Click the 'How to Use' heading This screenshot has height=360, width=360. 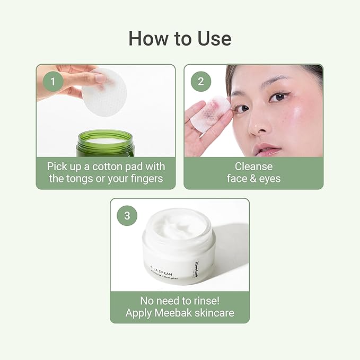point(180,39)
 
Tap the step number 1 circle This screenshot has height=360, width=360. point(52,81)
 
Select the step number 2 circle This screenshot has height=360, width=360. point(200,81)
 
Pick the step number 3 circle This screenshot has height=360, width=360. point(126,215)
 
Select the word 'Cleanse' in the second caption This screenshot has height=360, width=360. point(253,166)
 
